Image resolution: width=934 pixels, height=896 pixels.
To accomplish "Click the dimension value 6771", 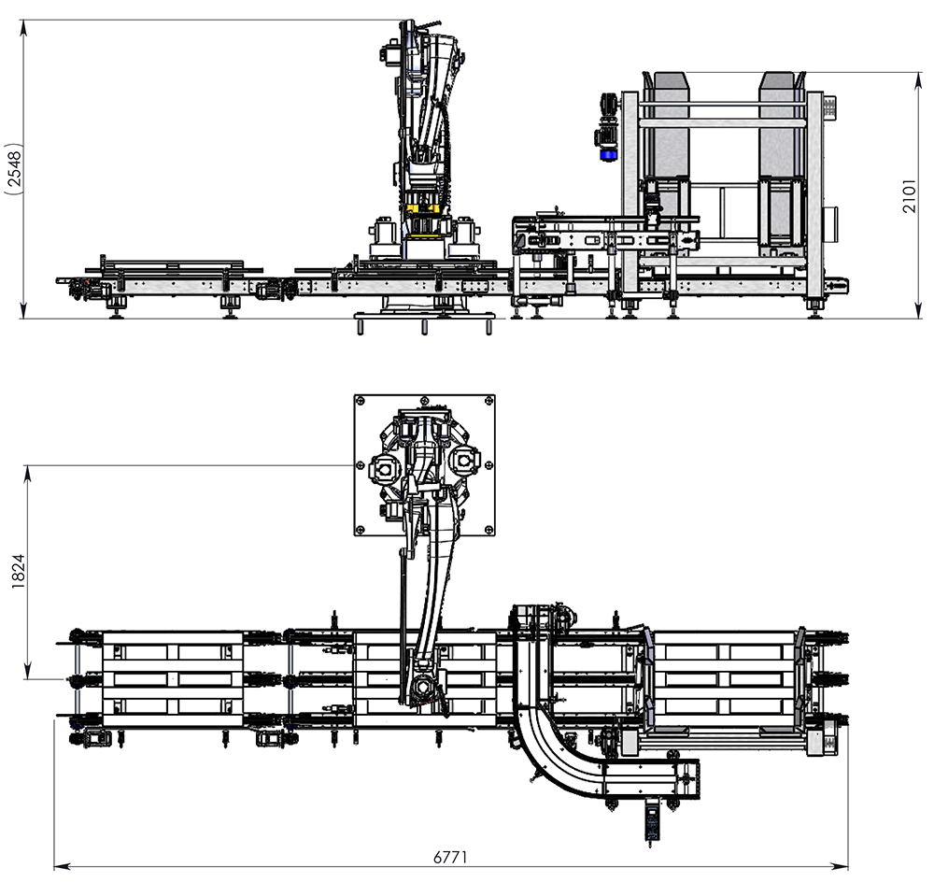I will (450, 856).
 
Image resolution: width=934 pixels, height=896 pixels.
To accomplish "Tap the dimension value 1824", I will (17, 572).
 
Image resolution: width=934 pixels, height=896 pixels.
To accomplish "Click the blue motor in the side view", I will (608, 153).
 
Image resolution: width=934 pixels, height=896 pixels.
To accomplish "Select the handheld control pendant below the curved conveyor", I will (651, 821).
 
